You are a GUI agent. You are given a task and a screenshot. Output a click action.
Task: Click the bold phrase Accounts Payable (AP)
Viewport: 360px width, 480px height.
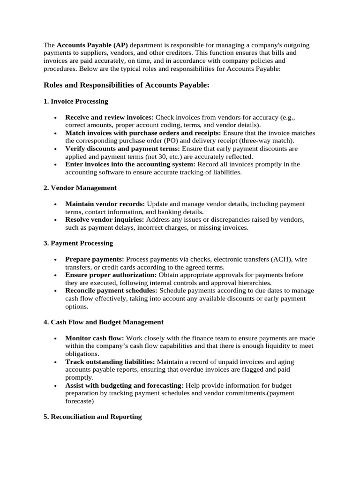tap(92, 45)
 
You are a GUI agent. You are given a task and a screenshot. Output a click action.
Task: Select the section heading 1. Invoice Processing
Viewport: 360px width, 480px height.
tap(75, 101)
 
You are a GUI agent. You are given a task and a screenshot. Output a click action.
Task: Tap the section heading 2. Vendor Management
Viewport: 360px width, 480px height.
tap(80, 187)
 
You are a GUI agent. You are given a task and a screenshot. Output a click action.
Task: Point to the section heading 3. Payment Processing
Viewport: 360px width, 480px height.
tap(78, 243)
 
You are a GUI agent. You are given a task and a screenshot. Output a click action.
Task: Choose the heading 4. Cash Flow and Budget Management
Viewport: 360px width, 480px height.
tap(103, 322)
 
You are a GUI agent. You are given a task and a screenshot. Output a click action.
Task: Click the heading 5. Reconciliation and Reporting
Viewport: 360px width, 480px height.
tap(92, 416)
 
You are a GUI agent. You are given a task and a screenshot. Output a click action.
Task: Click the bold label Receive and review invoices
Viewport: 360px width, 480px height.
tap(109, 117)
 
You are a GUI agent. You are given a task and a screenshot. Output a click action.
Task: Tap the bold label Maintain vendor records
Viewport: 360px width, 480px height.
tap(105, 204)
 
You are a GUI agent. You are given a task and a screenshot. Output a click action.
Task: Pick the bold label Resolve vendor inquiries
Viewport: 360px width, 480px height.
tap(105, 219)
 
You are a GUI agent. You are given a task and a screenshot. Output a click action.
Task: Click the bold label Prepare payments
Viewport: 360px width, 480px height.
tap(95, 259)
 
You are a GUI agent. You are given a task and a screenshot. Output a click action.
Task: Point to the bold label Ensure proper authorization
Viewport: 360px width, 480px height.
tap(111, 275)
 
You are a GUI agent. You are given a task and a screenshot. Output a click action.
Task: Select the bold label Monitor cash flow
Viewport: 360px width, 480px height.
tap(95, 338)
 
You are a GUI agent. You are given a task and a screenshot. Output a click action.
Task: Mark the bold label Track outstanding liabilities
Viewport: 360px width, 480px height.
tap(110, 362)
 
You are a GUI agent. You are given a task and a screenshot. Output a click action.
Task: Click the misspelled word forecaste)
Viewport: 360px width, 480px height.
tap(80, 401)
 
